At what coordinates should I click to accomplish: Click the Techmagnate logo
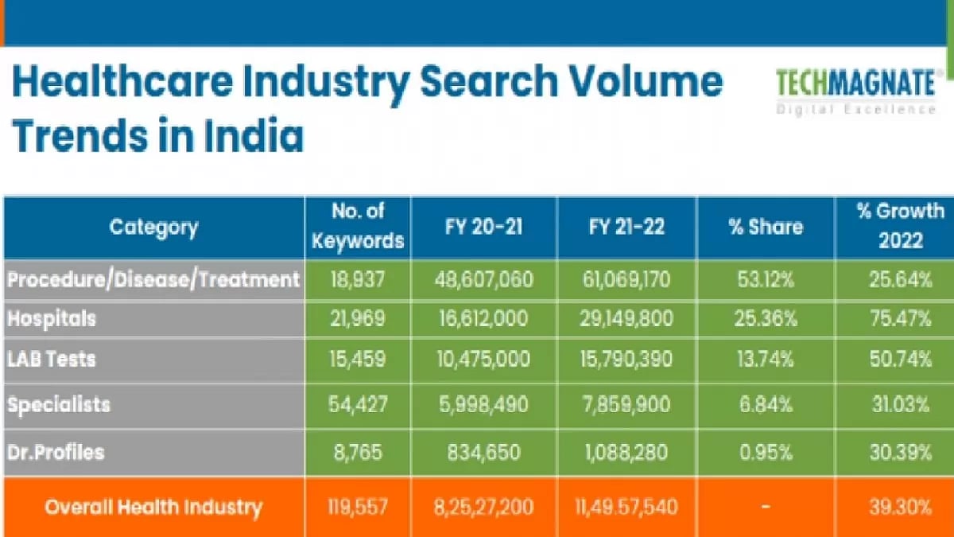point(856,90)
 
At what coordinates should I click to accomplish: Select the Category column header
point(153,228)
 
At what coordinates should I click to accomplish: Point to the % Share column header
point(765,228)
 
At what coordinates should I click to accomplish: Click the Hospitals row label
point(52,318)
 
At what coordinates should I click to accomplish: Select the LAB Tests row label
point(52,360)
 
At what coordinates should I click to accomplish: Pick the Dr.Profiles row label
point(56,452)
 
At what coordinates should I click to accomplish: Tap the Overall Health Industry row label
point(153,507)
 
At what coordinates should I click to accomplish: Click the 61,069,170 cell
point(626,279)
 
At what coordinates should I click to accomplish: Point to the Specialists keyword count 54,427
point(358,405)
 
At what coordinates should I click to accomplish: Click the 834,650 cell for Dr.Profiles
point(483,452)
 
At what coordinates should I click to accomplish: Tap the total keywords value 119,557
point(358,507)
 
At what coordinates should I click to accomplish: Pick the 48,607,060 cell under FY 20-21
point(483,279)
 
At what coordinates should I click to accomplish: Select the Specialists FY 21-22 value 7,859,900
point(626,405)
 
